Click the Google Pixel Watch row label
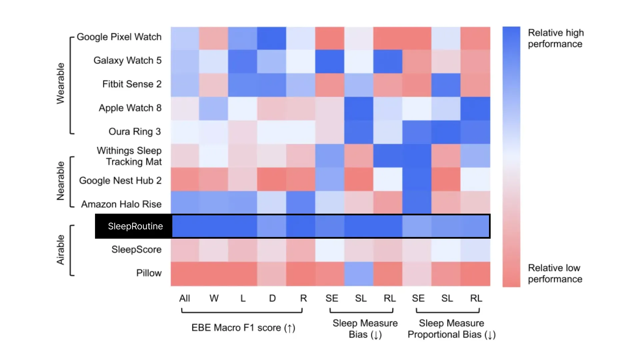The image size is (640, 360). (x=119, y=37)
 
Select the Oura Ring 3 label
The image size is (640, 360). (x=135, y=132)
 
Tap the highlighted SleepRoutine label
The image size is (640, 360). (x=135, y=226)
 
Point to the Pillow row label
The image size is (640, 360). (x=149, y=273)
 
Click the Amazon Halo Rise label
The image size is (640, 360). (x=121, y=204)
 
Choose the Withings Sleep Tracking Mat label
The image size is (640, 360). (x=129, y=156)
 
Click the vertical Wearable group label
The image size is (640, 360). (x=60, y=83)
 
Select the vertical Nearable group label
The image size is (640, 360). (x=60, y=181)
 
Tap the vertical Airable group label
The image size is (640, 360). (x=60, y=250)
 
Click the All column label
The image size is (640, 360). (x=185, y=298)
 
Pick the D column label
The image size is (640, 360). (x=272, y=298)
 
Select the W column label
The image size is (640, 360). (x=214, y=298)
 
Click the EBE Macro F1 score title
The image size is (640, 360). (x=243, y=328)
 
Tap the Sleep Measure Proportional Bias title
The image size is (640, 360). (x=452, y=329)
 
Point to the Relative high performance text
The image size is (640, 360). (x=556, y=38)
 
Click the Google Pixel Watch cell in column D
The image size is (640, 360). (x=272, y=38)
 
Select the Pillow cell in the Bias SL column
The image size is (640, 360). (x=359, y=274)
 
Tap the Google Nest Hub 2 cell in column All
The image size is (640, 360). (x=185, y=179)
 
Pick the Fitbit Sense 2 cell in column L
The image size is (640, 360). (x=243, y=85)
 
